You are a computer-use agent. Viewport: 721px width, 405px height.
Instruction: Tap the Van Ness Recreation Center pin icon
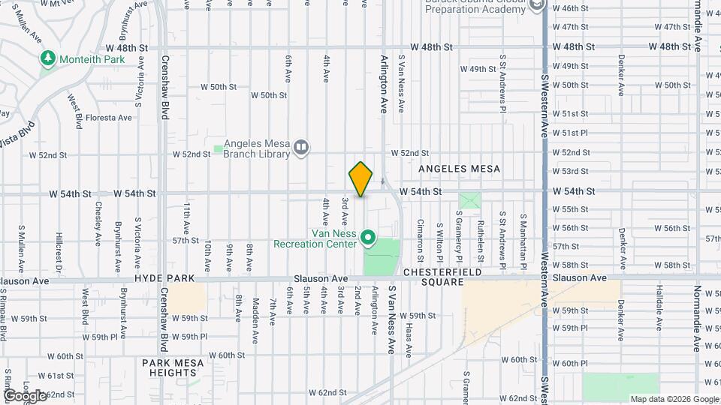(368, 238)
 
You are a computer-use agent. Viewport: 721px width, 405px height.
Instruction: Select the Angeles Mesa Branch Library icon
(300, 146)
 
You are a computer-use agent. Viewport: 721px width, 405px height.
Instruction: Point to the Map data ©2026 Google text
(673, 399)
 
